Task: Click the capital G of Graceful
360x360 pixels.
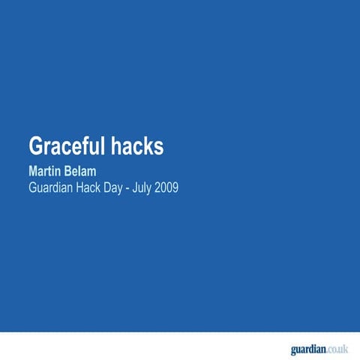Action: tap(35, 146)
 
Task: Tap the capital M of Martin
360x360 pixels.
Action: tap(32, 172)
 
